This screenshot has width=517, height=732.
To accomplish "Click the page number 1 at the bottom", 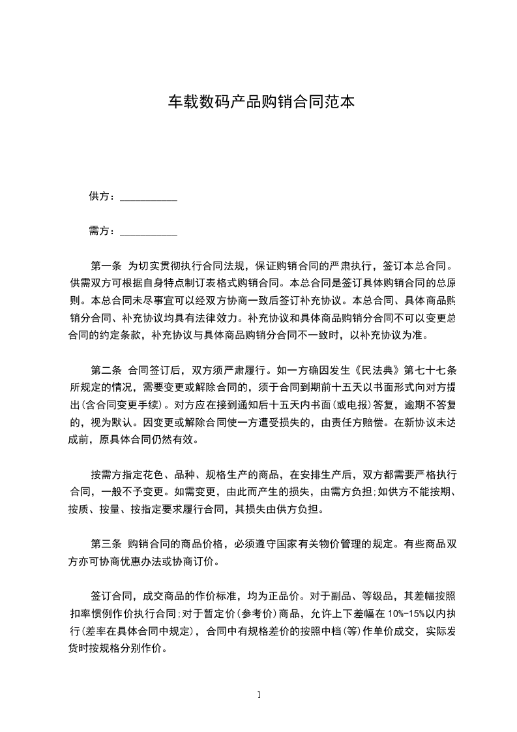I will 259,695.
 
